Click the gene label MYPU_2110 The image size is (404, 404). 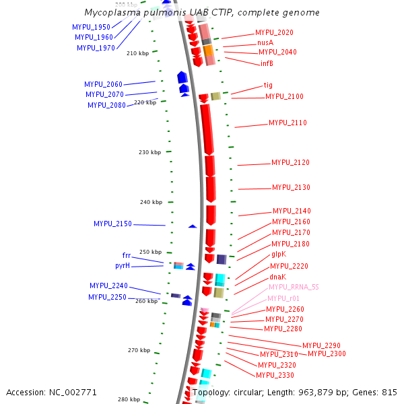pos(288,123)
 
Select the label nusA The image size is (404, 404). pos(265,42)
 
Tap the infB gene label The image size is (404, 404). pos(267,63)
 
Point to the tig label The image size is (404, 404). pos(268,86)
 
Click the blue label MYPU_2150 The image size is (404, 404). pos(112,224)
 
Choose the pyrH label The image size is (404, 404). pos(123,266)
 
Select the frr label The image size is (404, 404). pos(127,256)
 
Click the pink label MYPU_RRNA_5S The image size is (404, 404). pos(294,287)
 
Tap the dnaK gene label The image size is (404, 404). pos(278,277)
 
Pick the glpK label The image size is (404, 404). pos(279,255)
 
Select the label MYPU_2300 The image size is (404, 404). pos(327,354)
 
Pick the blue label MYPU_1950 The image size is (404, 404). pos(92,27)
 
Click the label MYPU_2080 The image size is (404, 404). pos(106,105)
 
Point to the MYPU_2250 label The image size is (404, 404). pos(108,297)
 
